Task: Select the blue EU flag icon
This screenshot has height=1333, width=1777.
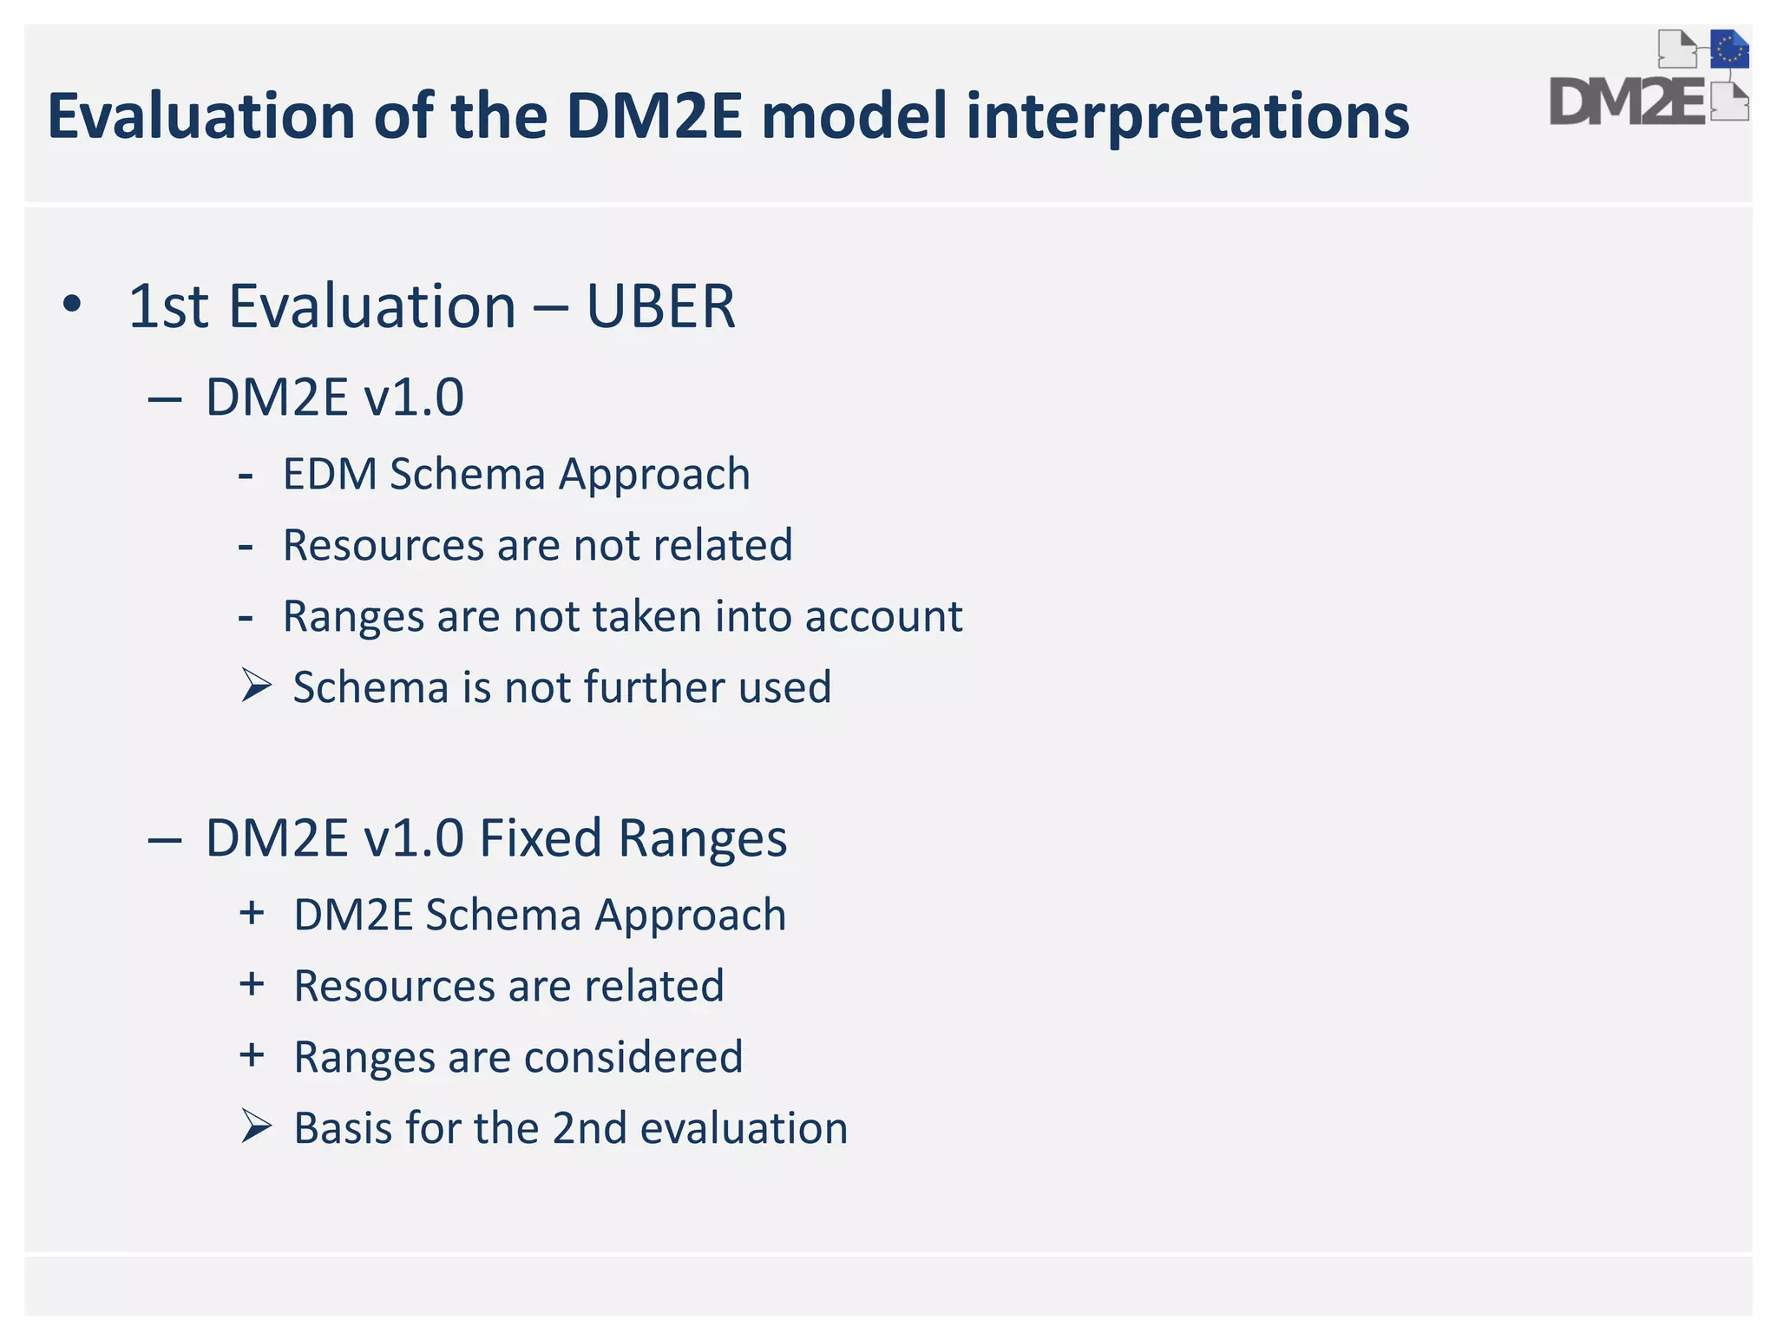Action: pyautogui.click(x=1729, y=49)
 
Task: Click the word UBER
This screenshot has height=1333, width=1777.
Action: pyautogui.click(x=661, y=306)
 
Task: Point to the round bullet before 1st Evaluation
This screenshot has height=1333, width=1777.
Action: pyautogui.click(x=72, y=305)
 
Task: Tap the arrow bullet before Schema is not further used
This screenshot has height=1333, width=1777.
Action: pyautogui.click(x=257, y=686)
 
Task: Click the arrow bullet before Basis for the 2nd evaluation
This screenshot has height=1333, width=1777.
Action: pyautogui.click(x=257, y=1126)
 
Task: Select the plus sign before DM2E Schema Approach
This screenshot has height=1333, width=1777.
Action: pyautogui.click(x=252, y=913)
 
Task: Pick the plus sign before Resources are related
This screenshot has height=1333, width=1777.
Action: pyautogui.click(x=252, y=984)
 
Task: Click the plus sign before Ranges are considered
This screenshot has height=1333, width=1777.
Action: pyautogui.click(x=252, y=1055)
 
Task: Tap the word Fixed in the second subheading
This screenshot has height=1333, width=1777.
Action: pyautogui.click(x=540, y=838)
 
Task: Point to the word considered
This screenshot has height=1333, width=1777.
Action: pyautogui.click(x=633, y=1057)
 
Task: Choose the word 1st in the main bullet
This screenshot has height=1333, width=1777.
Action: pyautogui.click(x=168, y=306)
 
